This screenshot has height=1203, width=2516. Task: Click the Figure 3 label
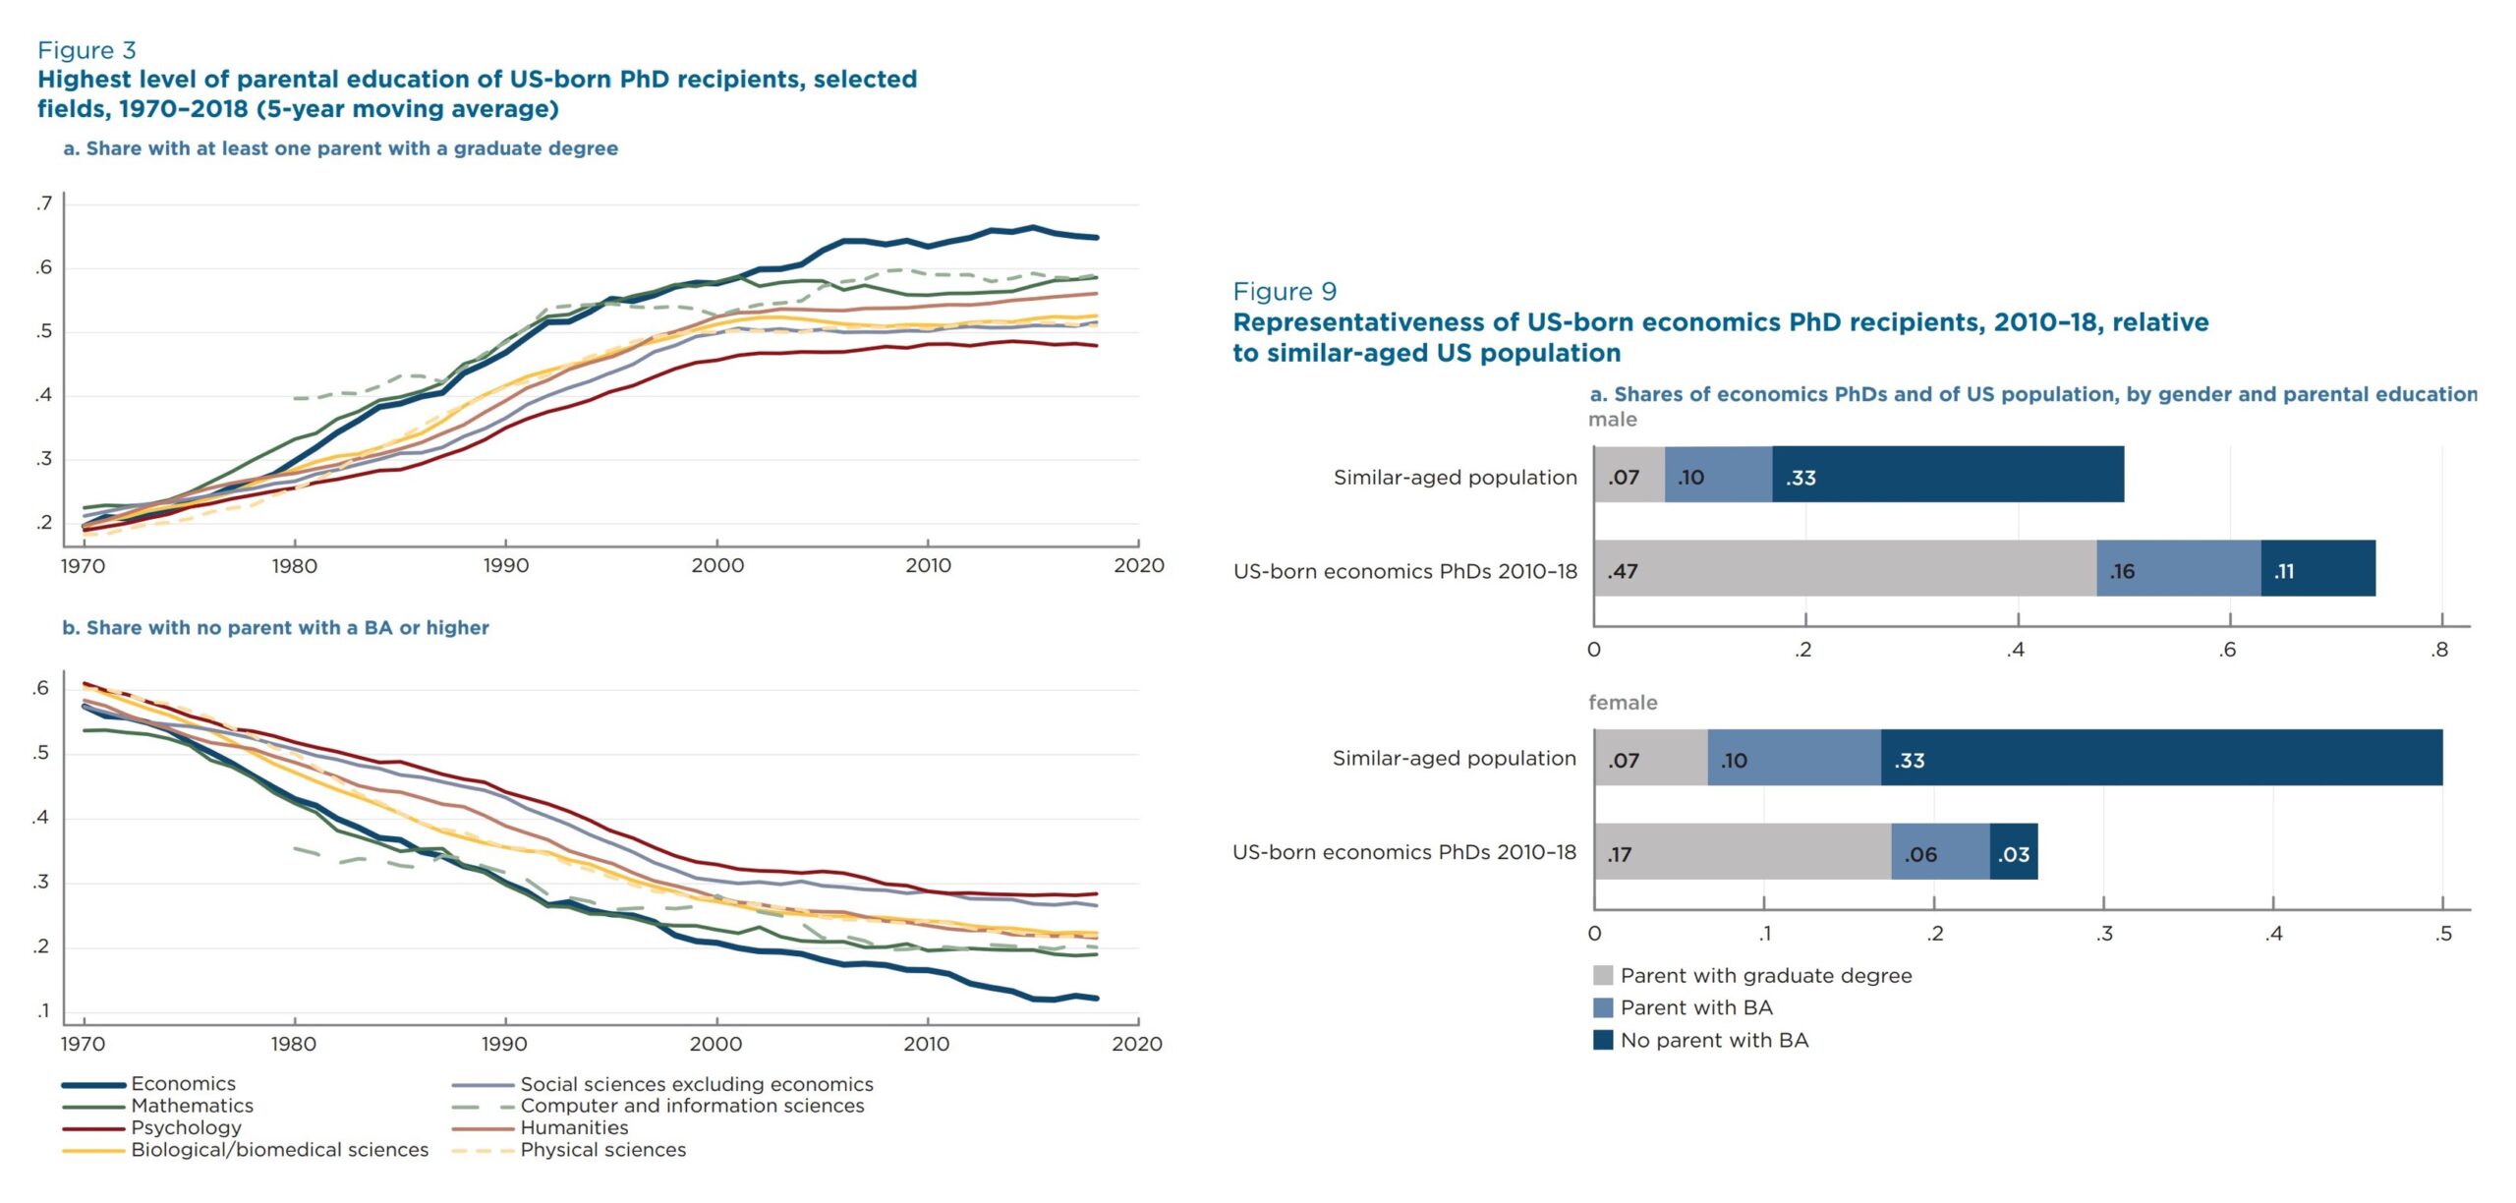[x=86, y=50]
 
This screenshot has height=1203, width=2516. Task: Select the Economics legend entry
[x=183, y=1083]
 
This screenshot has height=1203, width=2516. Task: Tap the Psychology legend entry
[x=186, y=1127]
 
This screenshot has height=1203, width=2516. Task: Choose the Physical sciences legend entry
[x=602, y=1150]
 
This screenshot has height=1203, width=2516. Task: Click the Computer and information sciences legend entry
[x=692, y=1106]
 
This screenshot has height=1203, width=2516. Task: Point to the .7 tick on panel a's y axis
[x=43, y=204]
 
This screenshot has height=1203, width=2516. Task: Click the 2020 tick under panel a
[x=1138, y=566]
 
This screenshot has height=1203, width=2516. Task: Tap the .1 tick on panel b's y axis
[x=43, y=1011]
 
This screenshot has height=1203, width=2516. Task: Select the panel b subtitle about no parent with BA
[x=275, y=628]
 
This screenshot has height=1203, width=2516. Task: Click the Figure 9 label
[x=1285, y=292]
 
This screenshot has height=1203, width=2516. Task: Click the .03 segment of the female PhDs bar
[x=2014, y=853]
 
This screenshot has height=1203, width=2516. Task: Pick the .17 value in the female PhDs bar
[x=1620, y=854]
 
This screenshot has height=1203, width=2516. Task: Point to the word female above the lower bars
[x=1623, y=703]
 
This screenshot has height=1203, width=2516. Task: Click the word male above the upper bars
[x=1613, y=420]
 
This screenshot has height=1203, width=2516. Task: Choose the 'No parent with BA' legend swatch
[x=1603, y=1040]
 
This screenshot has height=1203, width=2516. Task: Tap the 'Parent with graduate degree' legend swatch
[x=1603, y=976]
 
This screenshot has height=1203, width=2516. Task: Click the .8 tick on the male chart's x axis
[x=2439, y=650]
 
